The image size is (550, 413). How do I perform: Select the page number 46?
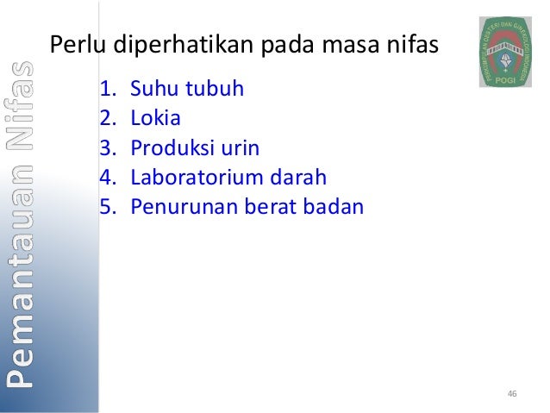(512, 394)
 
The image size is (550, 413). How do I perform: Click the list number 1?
(107, 89)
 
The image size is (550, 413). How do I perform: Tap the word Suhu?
(153, 89)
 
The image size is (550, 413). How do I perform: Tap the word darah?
(300, 178)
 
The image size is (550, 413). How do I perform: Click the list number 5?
(107, 208)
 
